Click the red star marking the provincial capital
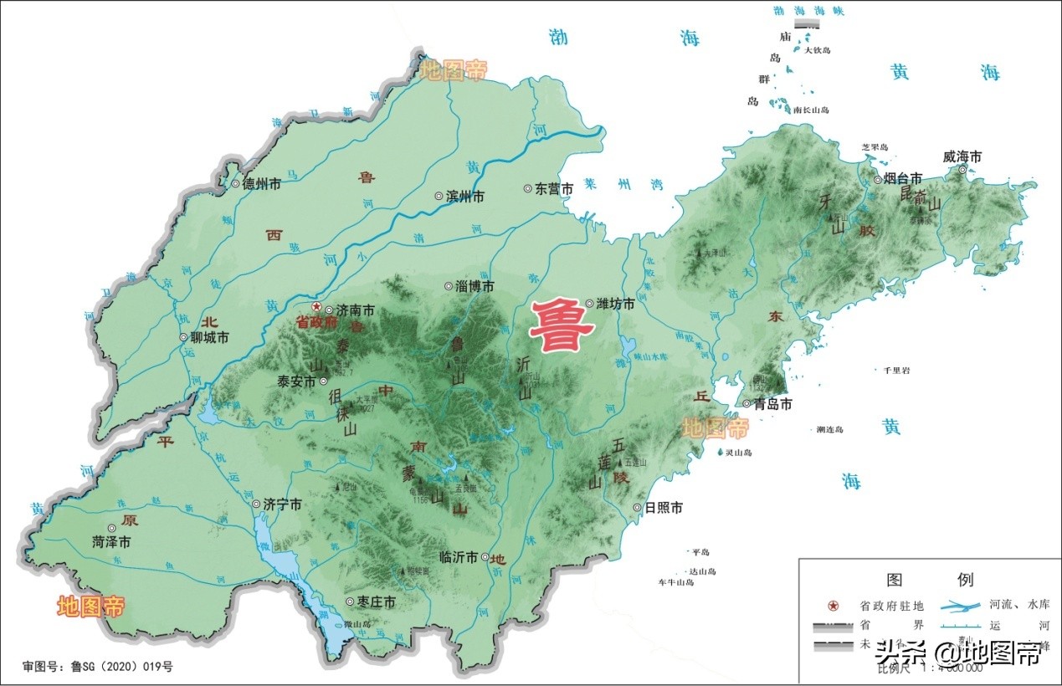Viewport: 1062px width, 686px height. [x=316, y=307]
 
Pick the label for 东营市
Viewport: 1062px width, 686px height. [x=554, y=190]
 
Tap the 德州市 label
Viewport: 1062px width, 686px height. [x=261, y=185]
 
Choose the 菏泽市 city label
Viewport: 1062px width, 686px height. [x=111, y=543]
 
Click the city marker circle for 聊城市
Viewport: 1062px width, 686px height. [x=183, y=338]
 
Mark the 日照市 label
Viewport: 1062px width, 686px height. [x=664, y=508]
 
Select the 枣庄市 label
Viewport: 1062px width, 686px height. [x=376, y=602]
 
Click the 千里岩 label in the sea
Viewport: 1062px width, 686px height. [x=889, y=369]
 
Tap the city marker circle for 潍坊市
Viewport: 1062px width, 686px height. [x=590, y=304]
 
